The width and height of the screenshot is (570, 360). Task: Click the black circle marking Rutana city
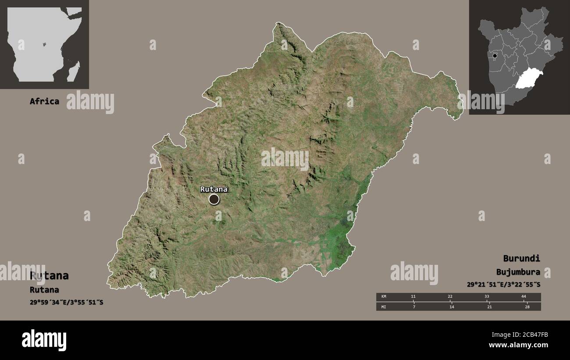point(214,200)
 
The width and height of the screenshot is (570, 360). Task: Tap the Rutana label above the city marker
point(214,189)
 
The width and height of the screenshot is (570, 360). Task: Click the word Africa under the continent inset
point(44,101)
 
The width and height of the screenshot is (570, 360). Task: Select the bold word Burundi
point(521,258)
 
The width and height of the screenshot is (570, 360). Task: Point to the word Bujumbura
point(518,272)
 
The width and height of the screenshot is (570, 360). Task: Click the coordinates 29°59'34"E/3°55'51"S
point(67,303)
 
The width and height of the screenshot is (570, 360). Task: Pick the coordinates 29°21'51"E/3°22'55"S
point(503,285)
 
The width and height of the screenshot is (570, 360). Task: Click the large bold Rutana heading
point(49,276)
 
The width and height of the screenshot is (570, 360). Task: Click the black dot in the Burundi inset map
point(495,56)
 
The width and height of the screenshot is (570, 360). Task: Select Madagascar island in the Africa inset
point(74,71)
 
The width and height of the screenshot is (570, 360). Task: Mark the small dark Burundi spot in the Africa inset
point(44,44)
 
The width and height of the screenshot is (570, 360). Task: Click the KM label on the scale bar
point(384,297)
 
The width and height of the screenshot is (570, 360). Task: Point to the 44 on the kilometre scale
point(524,297)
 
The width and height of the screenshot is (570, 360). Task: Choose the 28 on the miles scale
point(527,307)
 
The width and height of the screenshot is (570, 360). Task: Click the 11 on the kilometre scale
point(413,297)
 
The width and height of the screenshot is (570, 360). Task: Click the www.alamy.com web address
point(519,346)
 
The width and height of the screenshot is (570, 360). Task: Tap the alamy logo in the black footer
point(44,340)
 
